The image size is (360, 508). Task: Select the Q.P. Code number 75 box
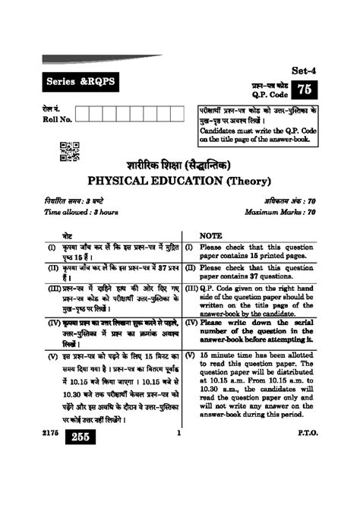pyautogui.click(x=304, y=90)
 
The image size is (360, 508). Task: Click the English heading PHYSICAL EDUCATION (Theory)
pyautogui.click(x=180, y=181)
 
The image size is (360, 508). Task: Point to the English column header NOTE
pyautogui.click(x=210, y=236)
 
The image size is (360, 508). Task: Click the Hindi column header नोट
pyautogui.click(x=68, y=236)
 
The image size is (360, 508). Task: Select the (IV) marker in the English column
pyautogui.click(x=191, y=322)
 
